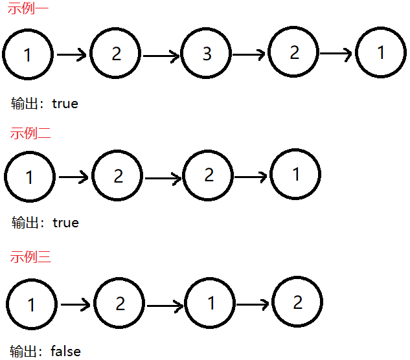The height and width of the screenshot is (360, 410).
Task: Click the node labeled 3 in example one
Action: tap(207, 54)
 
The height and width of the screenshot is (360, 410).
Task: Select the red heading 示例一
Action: tap(27, 10)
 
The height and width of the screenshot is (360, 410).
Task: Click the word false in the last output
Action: tap(65, 352)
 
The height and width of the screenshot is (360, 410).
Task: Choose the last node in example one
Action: tap(381, 53)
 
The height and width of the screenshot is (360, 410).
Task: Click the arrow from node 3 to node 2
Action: tap(250, 55)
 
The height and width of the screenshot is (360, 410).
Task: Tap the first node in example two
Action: tap(30, 176)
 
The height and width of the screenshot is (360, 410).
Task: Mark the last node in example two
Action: tap(295, 174)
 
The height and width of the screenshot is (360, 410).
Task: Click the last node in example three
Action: tap(297, 302)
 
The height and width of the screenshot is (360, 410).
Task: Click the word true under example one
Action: tap(65, 103)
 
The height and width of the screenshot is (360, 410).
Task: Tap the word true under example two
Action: tap(65, 223)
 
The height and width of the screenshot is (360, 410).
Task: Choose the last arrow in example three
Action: tap(253, 303)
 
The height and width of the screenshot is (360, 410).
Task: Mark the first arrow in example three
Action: tap(75, 304)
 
